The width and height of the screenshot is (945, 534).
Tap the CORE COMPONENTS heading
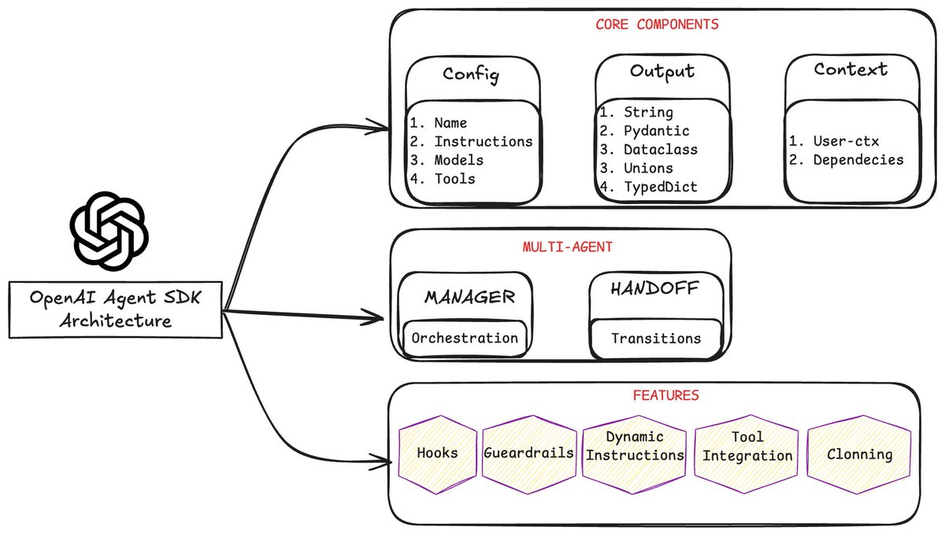point(657,24)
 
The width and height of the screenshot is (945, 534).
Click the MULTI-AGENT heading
point(567,247)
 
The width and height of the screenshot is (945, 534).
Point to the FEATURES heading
point(665,395)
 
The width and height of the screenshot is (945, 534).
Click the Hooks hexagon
point(438,454)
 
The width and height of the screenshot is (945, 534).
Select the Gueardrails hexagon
point(528,454)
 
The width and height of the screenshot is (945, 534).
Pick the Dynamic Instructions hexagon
point(635,447)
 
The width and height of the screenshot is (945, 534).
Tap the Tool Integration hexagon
point(747,447)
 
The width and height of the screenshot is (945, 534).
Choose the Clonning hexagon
point(859,454)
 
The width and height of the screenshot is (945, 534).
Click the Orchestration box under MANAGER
point(465,338)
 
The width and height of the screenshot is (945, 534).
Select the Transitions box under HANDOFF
point(655,338)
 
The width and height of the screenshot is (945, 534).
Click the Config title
point(471,75)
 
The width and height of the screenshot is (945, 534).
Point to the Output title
point(661,72)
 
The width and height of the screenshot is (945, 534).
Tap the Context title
point(850,69)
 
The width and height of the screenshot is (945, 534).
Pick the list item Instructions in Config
point(483,142)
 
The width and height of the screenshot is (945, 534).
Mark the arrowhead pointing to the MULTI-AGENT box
point(377,319)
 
